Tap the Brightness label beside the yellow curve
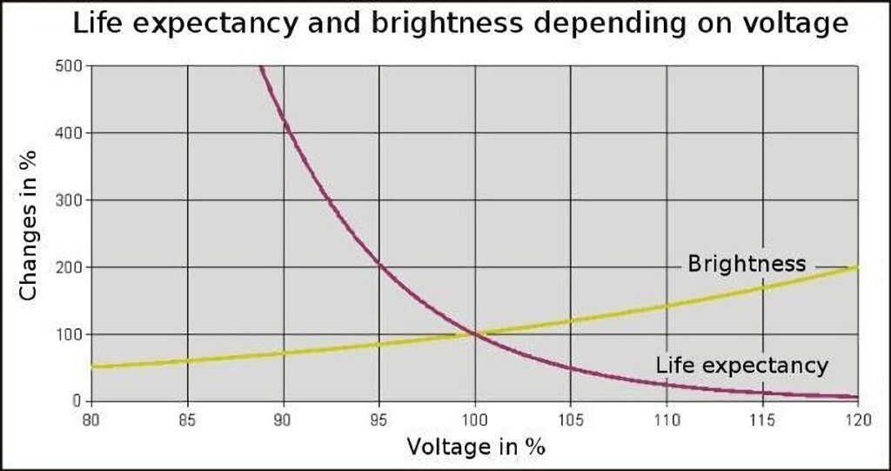[x=747, y=264]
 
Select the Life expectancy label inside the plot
[x=741, y=366]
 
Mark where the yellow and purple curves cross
[x=475, y=333]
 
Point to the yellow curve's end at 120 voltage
[x=856, y=267]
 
